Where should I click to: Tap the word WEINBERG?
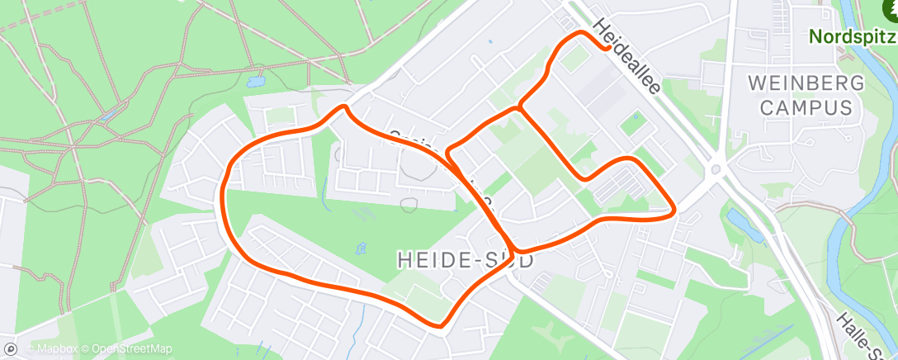(805, 83)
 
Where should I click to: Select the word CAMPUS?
(806, 107)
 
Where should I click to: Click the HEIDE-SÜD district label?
(465, 259)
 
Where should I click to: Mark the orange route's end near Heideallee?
(609, 48)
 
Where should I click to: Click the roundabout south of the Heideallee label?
(716, 171)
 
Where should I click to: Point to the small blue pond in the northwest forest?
(256, 83)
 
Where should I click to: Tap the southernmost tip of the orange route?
(444, 324)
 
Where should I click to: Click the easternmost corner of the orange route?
(674, 211)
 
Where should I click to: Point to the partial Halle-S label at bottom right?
(863, 334)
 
